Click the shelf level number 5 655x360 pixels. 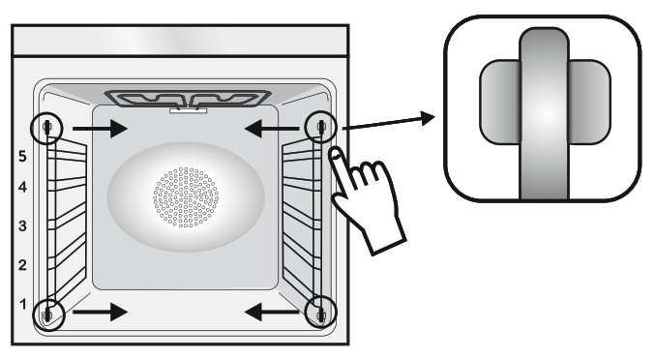(22, 156)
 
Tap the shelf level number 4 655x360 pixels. (22, 187)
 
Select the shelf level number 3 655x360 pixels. (22, 225)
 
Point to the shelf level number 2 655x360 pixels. (22, 265)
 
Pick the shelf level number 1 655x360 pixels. (23, 304)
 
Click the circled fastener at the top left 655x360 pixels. (46, 128)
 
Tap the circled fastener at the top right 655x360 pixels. (320, 127)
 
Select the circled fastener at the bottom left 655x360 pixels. (48, 315)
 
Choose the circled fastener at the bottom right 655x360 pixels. (320, 312)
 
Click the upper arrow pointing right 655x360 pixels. (100, 129)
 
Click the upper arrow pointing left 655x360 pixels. (272, 129)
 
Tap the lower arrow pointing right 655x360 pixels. (100, 312)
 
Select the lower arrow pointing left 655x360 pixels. (272, 312)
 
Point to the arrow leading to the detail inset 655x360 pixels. (389, 123)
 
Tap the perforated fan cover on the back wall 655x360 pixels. (186, 197)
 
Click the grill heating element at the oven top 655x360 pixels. (188, 99)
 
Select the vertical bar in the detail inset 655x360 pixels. (544, 113)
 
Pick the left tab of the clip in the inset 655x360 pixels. (500, 102)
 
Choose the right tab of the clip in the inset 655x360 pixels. (589, 102)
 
